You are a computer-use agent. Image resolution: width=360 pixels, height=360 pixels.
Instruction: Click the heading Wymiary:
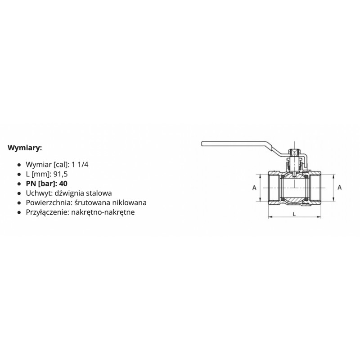tap(25, 148)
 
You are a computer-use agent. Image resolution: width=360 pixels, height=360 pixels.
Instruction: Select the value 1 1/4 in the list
tap(80, 165)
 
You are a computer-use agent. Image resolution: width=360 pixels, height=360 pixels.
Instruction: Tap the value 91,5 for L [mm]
tap(61, 174)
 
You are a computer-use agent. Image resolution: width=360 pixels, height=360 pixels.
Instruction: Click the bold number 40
tap(63, 184)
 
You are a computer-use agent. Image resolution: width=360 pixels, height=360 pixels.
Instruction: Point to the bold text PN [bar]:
tap(41, 184)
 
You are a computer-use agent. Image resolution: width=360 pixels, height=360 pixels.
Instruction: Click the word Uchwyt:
tap(39, 193)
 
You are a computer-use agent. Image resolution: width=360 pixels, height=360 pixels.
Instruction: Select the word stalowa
tap(99, 193)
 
